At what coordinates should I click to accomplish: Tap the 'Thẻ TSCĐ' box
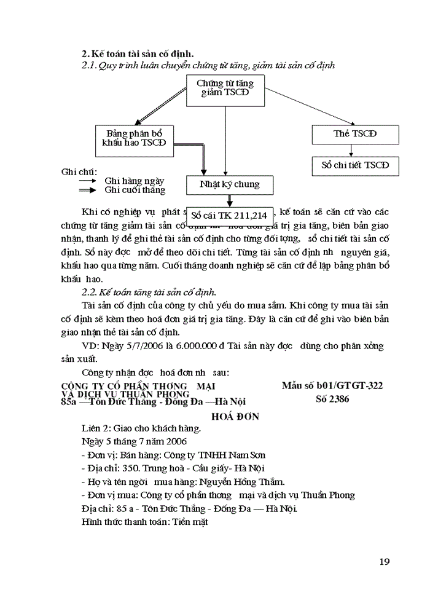pos(355,133)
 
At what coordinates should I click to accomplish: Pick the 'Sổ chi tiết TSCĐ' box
pos(355,165)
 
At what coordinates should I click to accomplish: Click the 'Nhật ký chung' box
pos(230,184)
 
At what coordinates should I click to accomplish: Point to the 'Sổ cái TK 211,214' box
pos(229,215)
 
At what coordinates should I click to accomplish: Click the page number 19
pos(385,561)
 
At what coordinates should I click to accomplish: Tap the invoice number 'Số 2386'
pos(331,398)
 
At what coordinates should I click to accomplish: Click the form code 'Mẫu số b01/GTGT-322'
pos(332,385)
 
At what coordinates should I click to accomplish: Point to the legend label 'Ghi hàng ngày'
pos(134,181)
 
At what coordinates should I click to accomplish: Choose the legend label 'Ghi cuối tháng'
pos(135,190)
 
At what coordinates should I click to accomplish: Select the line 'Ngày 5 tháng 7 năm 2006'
pos(134,441)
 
